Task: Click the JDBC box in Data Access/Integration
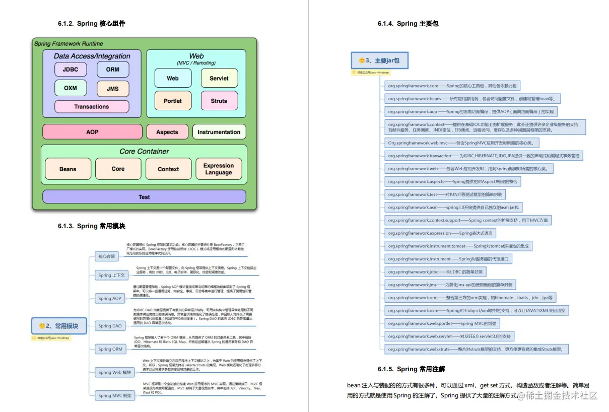click(71, 70)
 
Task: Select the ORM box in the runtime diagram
click(113, 70)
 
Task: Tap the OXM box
click(71, 88)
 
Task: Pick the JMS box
click(113, 89)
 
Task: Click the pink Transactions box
click(92, 107)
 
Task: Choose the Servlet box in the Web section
click(219, 78)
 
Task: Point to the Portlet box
click(173, 101)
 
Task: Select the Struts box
click(219, 101)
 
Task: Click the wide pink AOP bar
click(92, 132)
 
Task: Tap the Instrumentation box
click(219, 132)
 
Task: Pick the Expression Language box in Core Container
click(219, 169)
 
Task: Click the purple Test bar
click(144, 197)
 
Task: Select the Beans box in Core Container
click(68, 169)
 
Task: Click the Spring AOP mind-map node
click(110, 298)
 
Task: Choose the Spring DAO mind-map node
click(110, 326)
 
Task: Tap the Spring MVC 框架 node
click(115, 395)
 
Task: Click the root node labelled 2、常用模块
click(59, 326)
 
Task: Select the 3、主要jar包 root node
click(379, 60)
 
